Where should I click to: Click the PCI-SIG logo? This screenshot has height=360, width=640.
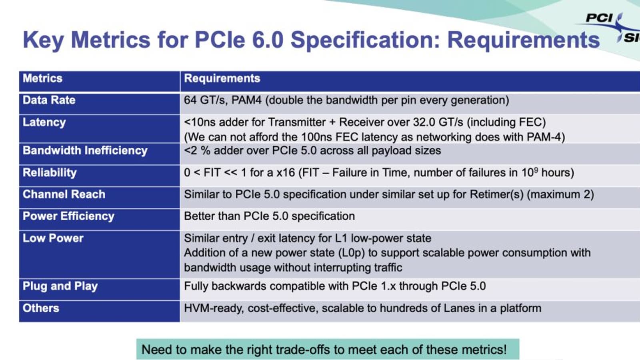(x=612, y=28)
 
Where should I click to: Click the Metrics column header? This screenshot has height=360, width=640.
(x=42, y=78)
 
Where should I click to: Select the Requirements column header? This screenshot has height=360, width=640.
(x=222, y=78)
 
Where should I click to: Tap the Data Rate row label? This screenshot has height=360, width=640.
(x=49, y=100)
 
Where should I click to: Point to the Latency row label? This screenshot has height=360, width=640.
(x=44, y=122)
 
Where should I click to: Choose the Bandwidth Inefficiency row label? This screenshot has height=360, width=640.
(x=85, y=150)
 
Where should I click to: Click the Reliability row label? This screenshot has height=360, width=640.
(x=50, y=172)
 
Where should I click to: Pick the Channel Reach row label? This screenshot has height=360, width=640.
(x=64, y=194)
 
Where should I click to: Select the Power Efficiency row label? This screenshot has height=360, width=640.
(x=68, y=216)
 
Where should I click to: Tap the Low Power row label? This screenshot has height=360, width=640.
(x=53, y=238)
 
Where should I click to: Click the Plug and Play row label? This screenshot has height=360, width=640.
(x=60, y=286)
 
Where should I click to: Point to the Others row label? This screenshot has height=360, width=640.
(x=41, y=308)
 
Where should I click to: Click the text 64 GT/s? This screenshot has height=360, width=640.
(x=206, y=100)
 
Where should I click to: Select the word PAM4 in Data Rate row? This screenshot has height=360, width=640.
(x=246, y=100)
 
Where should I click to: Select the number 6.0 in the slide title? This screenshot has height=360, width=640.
(x=267, y=40)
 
